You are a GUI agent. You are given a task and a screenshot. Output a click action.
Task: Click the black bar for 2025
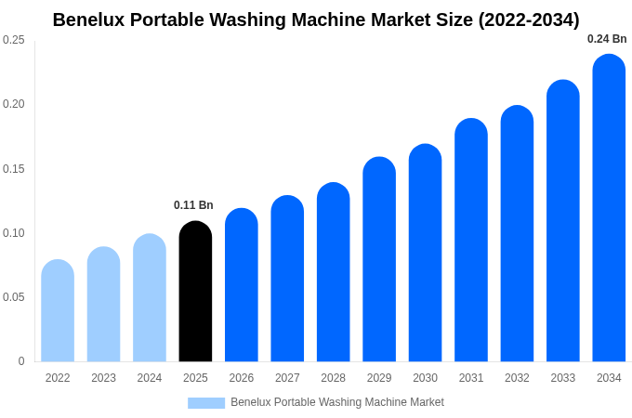pos(195,292)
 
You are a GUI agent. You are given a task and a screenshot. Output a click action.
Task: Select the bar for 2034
pos(609,208)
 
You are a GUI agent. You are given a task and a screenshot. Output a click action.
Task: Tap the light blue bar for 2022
pos(58,311)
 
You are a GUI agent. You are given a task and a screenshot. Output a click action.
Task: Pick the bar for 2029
pos(379,259)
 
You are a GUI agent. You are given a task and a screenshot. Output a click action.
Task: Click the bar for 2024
pos(150,298)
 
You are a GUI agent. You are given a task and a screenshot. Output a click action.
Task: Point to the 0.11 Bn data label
pos(193,205)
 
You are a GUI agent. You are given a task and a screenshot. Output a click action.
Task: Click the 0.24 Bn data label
pos(607,39)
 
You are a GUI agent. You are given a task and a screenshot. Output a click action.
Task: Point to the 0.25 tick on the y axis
pos(14,40)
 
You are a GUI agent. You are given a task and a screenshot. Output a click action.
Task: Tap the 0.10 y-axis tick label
pos(14,233)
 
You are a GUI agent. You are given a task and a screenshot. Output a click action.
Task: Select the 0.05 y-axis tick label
pos(14,297)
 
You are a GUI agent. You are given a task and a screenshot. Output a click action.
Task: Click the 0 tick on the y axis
pos(21,361)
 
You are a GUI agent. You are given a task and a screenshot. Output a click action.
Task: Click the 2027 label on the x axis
pos(287,378)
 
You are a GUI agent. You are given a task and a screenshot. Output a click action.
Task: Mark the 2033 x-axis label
pos(563,378)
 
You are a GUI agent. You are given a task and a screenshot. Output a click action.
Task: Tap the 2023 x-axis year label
pos(103,378)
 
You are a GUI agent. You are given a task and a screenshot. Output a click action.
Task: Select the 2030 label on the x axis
pos(425,378)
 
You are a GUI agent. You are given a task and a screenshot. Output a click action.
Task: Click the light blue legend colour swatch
pos(206,403)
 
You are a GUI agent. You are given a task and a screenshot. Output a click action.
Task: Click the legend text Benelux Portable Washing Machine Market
pos(337,402)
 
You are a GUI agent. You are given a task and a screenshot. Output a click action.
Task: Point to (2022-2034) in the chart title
pos(529,20)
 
